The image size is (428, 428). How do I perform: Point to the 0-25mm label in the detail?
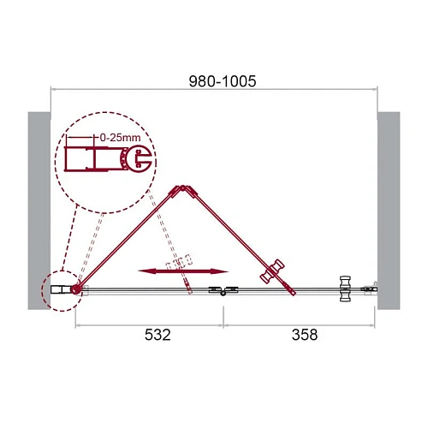pyautogui.click(x=115, y=135)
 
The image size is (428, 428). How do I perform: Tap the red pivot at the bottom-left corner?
pyautogui.click(x=77, y=291)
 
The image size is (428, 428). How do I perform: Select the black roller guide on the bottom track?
pyautogui.click(x=223, y=293)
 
